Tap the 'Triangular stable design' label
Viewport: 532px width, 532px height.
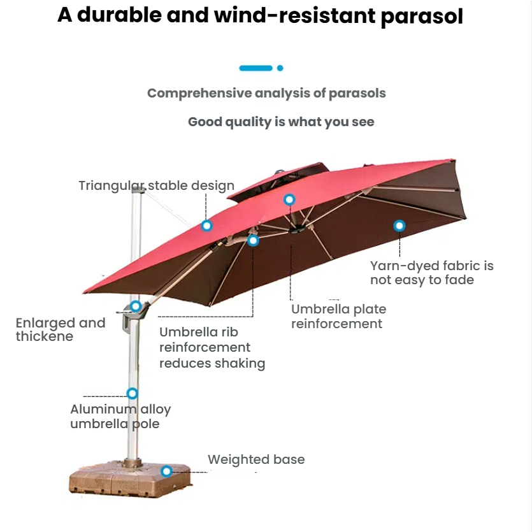tap(157, 186)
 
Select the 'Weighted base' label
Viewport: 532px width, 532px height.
tap(256, 459)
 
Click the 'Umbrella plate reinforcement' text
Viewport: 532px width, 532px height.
tap(338, 317)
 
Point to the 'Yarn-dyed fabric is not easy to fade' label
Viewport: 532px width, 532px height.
tap(431, 273)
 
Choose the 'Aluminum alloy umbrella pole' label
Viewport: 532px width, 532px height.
tap(120, 417)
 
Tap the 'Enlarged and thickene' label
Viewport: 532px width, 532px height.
tap(60, 329)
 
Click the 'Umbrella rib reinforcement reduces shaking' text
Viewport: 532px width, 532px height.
tap(212, 348)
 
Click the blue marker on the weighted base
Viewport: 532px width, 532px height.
tap(166, 471)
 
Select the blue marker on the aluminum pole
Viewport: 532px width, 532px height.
tap(132, 393)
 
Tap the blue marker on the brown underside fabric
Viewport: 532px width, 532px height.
tap(399, 225)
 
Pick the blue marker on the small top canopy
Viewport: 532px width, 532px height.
tap(289, 199)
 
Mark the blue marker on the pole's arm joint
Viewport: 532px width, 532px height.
tap(136, 306)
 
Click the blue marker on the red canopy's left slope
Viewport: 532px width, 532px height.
tap(206, 226)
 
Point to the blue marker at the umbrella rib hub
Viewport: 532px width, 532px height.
tap(253, 240)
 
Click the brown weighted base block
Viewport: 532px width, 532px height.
tap(127, 481)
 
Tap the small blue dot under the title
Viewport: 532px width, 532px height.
tap(280, 68)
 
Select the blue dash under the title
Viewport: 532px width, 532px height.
tap(255, 68)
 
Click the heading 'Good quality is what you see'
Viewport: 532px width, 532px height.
tap(281, 122)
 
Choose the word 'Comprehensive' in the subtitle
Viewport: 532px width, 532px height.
tap(199, 94)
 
